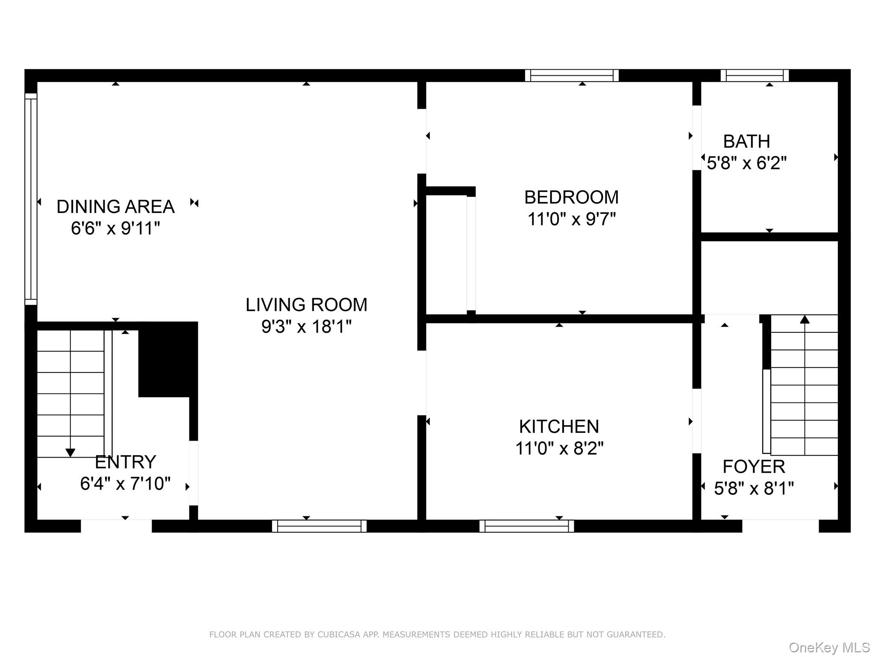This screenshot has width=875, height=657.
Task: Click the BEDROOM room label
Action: click(x=571, y=197)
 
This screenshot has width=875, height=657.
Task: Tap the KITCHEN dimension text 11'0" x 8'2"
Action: click(x=559, y=449)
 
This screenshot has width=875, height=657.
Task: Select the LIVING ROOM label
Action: click(x=306, y=305)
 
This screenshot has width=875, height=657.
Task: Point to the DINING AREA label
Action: click(x=115, y=207)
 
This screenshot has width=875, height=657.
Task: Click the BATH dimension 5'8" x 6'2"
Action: click(x=746, y=163)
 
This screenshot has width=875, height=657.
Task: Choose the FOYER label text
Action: click(x=754, y=467)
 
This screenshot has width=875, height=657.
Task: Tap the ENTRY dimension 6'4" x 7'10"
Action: click(x=125, y=484)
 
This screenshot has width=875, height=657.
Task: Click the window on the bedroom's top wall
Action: click(x=572, y=76)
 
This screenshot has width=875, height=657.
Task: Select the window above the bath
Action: click(x=755, y=76)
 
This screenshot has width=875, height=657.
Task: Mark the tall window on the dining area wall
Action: click(x=31, y=199)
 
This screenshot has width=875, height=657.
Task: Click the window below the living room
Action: click(x=319, y=526)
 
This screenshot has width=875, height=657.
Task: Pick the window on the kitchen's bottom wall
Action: click(x=526, y=526)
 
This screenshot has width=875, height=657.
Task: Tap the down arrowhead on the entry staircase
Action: click(x=70, y=453)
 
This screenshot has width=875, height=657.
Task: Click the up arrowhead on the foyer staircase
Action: click(x=805, y=319)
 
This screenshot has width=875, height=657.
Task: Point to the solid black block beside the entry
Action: click(x=167, y=359)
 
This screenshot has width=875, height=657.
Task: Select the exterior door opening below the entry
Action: click(x=116, y=526)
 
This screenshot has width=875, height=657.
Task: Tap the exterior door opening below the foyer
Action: click(x=780, y=526)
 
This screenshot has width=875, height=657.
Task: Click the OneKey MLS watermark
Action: click(x=829, y=648)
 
